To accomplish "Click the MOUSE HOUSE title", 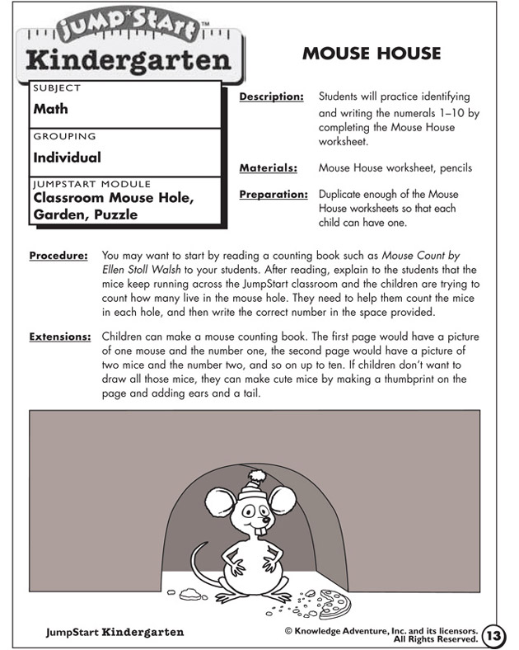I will pos(372,54).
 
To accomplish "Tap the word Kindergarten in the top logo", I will pos(128,60).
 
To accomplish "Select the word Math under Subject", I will pos(51,108).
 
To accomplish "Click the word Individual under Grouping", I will pos(68,157).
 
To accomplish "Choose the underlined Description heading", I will pos(271,97).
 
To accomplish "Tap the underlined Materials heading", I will pos(268,168).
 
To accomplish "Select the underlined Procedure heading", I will pos(58,256).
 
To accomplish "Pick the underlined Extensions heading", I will pos(58,337).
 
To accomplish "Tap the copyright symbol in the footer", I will pos(289,631).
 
